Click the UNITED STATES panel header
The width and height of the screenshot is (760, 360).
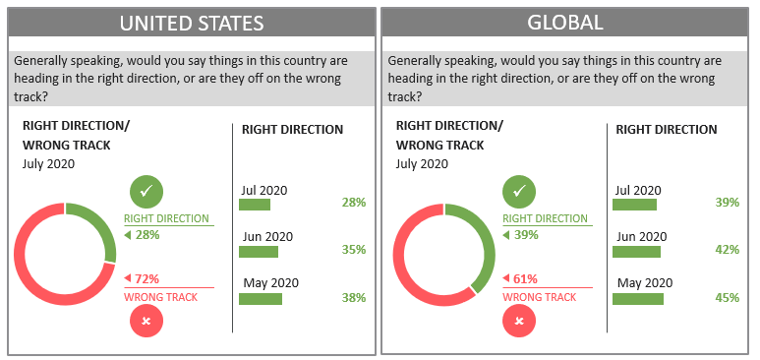[192, 23]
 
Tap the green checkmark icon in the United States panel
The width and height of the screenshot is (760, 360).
[146, 191]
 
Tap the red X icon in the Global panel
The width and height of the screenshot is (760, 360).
[519, 321]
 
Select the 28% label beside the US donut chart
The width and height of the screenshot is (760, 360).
[146, 235]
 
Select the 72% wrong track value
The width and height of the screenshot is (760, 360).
[146, 278]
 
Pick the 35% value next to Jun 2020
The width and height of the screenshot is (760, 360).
[353, 250]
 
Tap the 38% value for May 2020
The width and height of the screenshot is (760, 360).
[353, 297]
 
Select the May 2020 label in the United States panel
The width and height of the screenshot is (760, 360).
[270, 283]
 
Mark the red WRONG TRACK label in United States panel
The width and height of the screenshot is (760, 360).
[154, 297]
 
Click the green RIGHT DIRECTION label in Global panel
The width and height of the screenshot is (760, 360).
[545, 218]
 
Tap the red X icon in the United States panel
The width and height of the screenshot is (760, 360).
[146, 321]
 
